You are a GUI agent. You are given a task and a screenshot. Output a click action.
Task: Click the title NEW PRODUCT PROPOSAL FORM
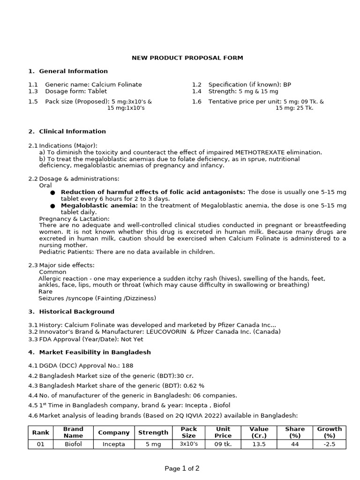(x=187, y=58)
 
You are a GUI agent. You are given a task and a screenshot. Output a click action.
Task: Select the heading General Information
(x=73, y=71)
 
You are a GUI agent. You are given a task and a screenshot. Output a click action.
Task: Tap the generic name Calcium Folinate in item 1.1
(x=116, y=84)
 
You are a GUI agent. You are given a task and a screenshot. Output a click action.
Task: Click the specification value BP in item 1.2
(x=287, y=84)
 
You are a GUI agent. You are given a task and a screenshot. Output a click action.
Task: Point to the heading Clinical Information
(x=72, y=131)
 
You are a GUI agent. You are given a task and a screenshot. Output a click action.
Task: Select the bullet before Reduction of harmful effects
(x=52, y=193)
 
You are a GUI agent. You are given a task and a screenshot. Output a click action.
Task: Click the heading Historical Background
(x=76, y=311)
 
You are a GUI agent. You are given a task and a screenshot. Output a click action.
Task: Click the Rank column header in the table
(x=41, y=432)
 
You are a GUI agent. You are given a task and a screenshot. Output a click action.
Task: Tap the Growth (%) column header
(x=329, y=432)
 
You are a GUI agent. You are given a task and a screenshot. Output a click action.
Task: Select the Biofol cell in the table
(x=73, y=444)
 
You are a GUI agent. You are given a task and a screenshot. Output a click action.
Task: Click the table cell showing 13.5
(x=259, y=444)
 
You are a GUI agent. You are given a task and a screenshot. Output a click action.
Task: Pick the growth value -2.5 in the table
(x=329, y=444)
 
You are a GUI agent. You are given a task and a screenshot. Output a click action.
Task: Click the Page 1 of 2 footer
(x=181, y=468)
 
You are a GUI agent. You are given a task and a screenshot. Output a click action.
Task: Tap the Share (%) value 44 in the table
(x=294, y=444)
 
